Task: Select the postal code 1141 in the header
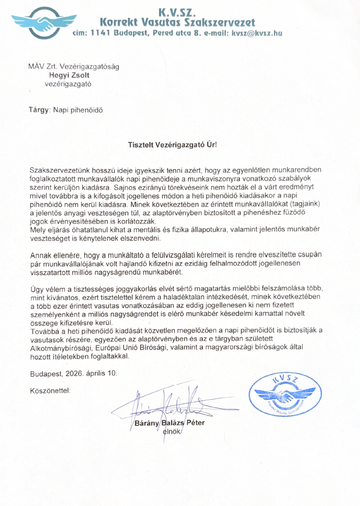tap(98, 33)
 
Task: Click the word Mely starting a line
tap(38, 229)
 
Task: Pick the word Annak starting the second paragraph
tap(41, 255)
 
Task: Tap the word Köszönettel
tap(50, 390)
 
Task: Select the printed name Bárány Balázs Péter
tap(169, 423)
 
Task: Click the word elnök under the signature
tap(172, 432)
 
